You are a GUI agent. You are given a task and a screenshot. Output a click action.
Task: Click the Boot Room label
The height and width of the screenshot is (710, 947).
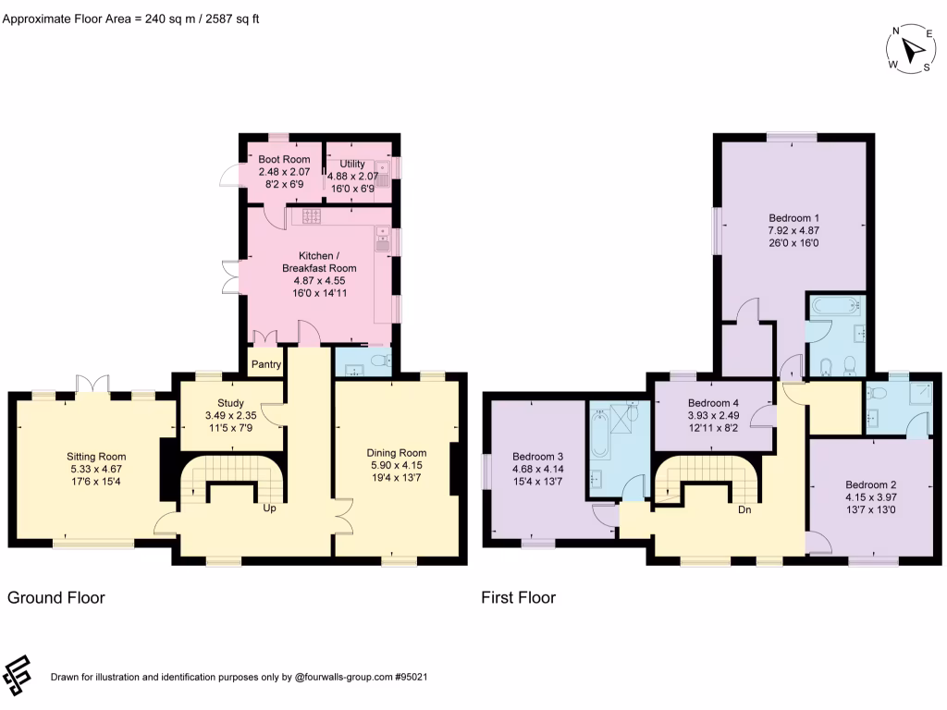[x=284, y=160]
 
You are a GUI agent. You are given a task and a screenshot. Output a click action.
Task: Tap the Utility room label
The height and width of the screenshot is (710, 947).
[x=352, y=164]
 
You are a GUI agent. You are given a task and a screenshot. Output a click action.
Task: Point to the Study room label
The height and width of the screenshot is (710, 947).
[x=230, y=403]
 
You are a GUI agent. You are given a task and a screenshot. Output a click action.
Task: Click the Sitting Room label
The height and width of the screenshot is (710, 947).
[x=96, y=457]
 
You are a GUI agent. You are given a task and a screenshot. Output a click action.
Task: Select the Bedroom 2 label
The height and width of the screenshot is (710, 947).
[x=870, y=484]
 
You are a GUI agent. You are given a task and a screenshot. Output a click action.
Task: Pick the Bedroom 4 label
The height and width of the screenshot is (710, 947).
[x=713, y=404]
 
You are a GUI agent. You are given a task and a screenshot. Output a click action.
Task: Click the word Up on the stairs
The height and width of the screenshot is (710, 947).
[x=270, y=508]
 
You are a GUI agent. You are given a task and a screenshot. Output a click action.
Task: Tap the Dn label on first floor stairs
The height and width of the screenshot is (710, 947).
[x=745, y=508]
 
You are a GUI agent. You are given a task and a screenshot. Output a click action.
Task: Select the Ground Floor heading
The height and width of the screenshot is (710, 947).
[x=56, y=598]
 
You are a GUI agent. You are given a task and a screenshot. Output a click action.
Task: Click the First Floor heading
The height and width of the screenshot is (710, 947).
[x=518, y=598]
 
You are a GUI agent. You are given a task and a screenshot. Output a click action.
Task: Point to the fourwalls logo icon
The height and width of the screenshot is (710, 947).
[x=18, y=676]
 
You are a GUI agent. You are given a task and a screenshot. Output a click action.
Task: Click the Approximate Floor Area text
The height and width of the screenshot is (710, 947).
[x=129, y=18]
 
